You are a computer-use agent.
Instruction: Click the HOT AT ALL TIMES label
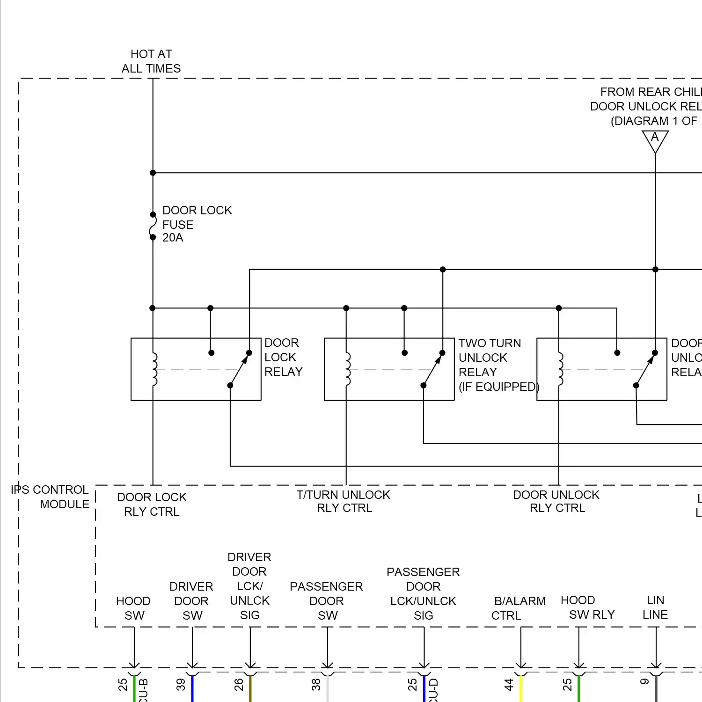point(151,61)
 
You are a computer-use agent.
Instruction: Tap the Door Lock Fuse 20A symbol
point(153,226)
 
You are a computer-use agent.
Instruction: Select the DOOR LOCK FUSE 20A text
point(197,224)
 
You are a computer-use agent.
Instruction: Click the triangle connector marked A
point(655,139)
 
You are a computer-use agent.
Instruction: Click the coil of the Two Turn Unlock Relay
point(347,369)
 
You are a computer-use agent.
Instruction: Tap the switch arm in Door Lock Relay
point(239,370)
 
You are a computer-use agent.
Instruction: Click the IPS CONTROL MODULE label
point(50,497)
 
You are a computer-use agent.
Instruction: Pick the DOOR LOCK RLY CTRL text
point(152,504)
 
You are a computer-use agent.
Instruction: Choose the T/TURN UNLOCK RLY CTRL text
point(344,501)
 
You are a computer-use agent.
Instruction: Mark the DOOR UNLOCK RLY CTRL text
point(556,501)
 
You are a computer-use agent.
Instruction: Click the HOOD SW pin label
point(133,608)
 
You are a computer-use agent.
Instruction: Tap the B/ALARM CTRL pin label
point(519,608)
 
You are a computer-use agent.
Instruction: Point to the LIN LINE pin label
point(655,607)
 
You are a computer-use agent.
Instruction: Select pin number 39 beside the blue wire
point(181,685)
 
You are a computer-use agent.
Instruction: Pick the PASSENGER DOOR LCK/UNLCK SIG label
point(424,593)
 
